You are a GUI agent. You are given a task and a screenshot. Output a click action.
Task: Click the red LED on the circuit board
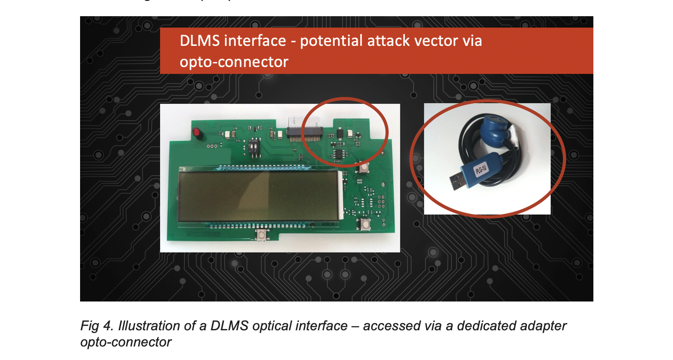196,132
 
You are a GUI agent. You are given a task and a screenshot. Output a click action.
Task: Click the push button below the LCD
260,234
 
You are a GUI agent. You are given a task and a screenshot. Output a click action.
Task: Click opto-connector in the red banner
234,61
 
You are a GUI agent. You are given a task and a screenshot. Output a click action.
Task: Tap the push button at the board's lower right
365,223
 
